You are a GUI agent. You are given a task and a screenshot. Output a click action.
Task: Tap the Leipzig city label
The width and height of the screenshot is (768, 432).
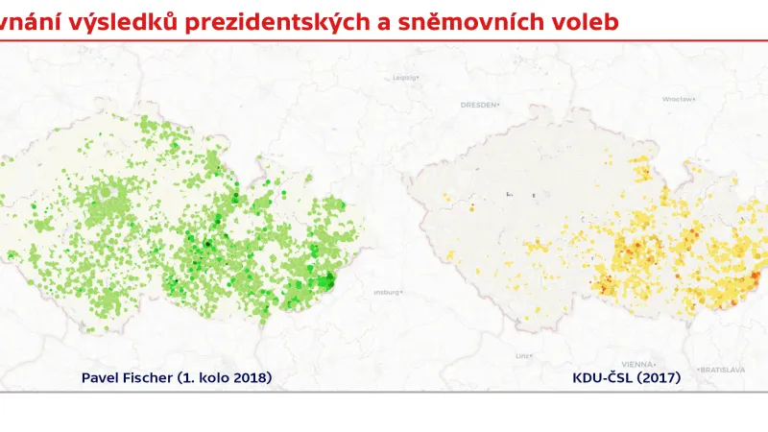click(x=406, y=78)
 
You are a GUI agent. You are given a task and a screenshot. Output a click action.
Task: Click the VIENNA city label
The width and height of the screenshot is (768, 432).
click(x=636, y=365)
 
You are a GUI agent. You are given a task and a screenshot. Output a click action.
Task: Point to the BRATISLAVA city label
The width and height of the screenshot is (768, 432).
click(x=723, y=369)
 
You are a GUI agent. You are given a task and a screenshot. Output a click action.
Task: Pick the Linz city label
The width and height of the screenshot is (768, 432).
click(x=522, y=355)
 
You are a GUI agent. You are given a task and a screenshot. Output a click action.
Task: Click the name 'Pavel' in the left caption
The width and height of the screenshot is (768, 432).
click(x=100, y=378)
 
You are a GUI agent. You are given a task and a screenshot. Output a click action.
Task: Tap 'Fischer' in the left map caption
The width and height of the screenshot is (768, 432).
click(x=147, y=378)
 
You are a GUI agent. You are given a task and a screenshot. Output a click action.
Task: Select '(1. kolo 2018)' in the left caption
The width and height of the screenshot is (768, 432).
click(x=224, y=378)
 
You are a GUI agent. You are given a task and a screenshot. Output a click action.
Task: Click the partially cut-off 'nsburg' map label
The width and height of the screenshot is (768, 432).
click(x=385, y=291)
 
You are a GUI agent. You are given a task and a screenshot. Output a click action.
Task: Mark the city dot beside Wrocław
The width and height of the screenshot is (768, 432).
click(x=700, y=98)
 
